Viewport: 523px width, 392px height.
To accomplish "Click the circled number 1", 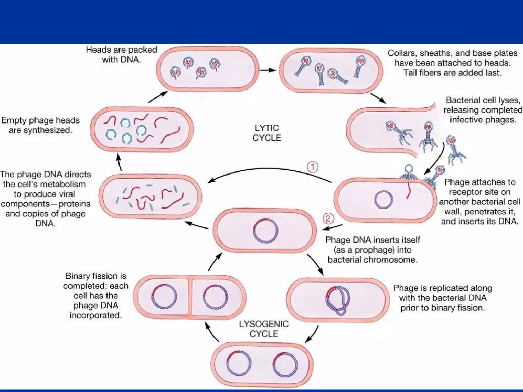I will coord(312,167).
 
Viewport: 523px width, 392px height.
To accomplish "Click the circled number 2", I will coord(328,218).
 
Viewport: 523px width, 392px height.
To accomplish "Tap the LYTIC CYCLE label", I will coord(267,133).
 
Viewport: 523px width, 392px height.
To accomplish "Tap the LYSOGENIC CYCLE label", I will coord(264,329).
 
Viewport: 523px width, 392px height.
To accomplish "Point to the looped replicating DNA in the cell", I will coord(338,300).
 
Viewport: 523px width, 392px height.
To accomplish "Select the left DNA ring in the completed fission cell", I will coord(164,297).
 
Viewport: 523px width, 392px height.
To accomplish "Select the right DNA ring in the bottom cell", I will coord(285,364).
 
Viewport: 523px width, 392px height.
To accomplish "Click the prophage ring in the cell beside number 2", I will coord(266,231).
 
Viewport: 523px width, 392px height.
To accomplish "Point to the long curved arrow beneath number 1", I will coord(268,169).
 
